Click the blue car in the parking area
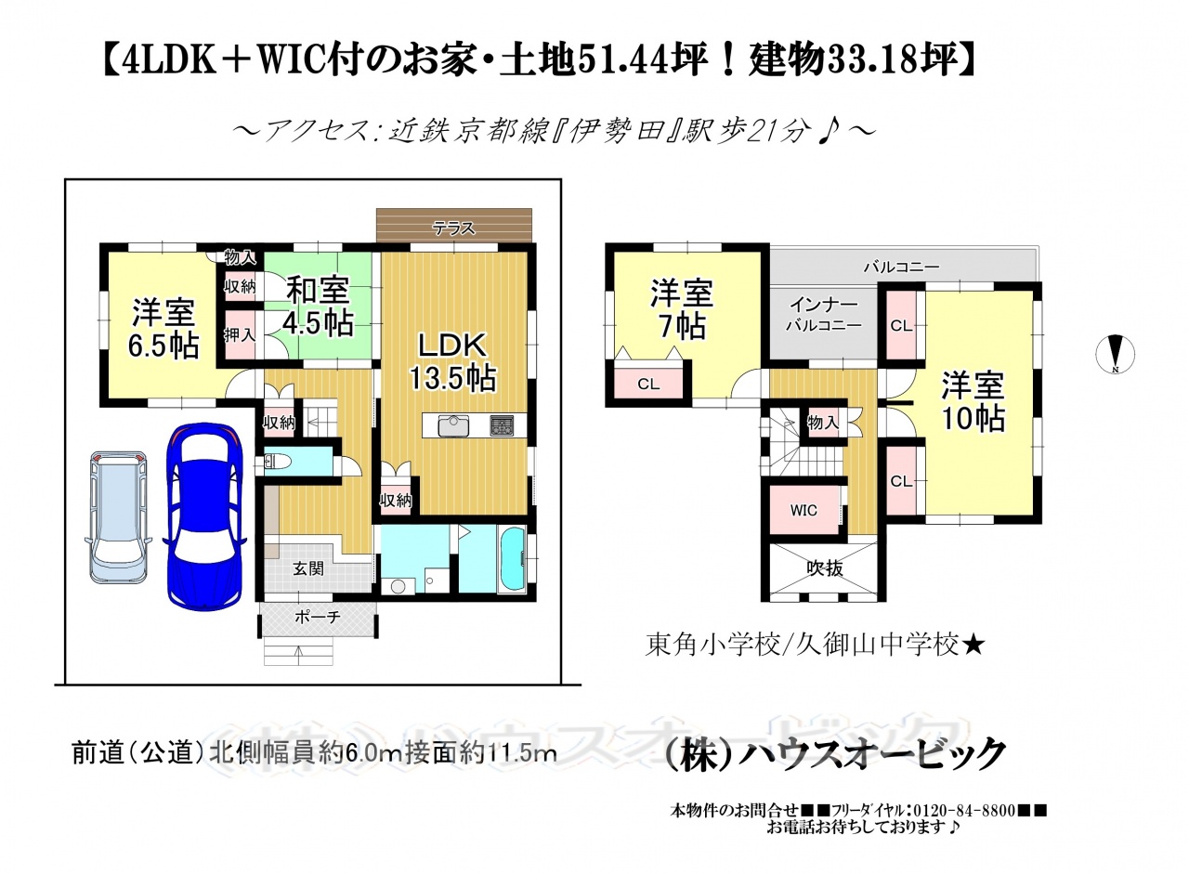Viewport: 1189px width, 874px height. [x=204, y=516]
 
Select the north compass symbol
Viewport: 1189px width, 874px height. [x=1116, y=354]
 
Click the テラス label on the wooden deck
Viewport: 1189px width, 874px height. [x=453, y=228]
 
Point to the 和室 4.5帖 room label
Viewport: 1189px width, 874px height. [x=319, y=307]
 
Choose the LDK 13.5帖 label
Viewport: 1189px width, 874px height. [x=452, y=362]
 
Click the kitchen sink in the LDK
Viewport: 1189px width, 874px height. [x=452, y=425]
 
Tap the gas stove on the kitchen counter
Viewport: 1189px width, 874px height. [x=502, y=425]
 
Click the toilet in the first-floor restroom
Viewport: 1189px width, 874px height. [x=276, y=461]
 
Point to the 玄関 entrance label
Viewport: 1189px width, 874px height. [x=308, y=568]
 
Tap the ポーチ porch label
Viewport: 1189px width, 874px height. [x=318, y=618]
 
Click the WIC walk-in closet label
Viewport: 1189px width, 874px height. [x=804, y=511]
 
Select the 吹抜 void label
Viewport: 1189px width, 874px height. [x=825, y=568]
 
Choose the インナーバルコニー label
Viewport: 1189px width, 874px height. [x=823, y=315]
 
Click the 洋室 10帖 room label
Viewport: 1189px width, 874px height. [x=973, y=402]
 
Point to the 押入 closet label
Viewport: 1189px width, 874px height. [x=240, y=335]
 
